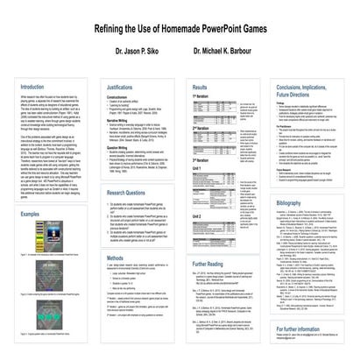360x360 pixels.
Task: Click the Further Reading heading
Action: coord(211,262)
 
